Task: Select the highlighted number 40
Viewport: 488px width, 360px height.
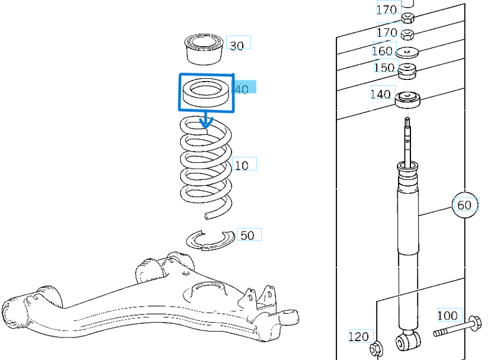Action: (243, 89)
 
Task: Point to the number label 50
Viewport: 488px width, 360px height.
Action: (248, 235)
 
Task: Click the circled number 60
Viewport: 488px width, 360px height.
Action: (464, 205)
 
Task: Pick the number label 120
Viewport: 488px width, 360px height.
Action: (359, 337)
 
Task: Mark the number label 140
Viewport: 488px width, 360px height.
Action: (381, 94)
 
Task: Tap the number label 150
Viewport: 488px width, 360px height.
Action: (384, 67)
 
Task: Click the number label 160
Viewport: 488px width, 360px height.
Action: (383, 50)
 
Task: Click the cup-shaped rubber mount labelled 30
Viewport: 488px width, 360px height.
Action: (203, 49)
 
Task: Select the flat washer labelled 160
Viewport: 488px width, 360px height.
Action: (407, 52)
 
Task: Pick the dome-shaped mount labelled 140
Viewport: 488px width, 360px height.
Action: (407, 99)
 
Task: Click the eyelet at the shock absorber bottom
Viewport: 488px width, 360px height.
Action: (407, 340)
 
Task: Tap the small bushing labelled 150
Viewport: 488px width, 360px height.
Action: (406, 70)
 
